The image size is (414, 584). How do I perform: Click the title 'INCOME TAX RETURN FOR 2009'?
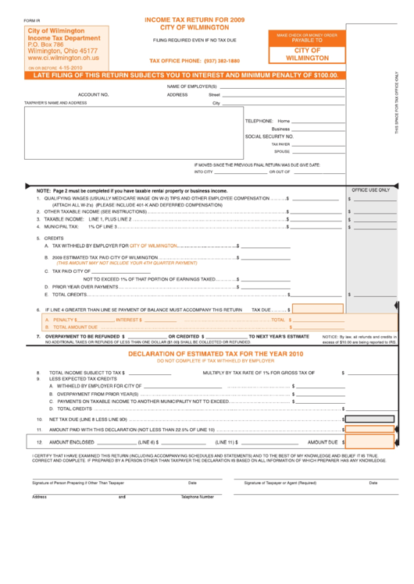point(195,17)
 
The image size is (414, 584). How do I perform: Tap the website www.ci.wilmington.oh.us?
point(63,58)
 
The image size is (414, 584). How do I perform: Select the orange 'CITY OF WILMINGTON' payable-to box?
point(307,53)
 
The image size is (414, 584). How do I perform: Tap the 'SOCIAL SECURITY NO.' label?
point(269,136)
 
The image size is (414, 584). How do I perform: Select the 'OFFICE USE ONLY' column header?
point(370,189)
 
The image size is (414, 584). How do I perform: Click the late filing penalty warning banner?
point(186,76)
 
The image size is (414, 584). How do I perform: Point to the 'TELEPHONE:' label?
point(259,121)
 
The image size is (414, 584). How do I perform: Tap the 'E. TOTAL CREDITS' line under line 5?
point(70,295)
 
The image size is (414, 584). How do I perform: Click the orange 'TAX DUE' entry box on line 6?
point(317,310)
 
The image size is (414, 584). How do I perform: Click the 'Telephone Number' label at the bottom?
point(198,496)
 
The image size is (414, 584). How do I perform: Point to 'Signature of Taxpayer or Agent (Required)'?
point(280,483)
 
